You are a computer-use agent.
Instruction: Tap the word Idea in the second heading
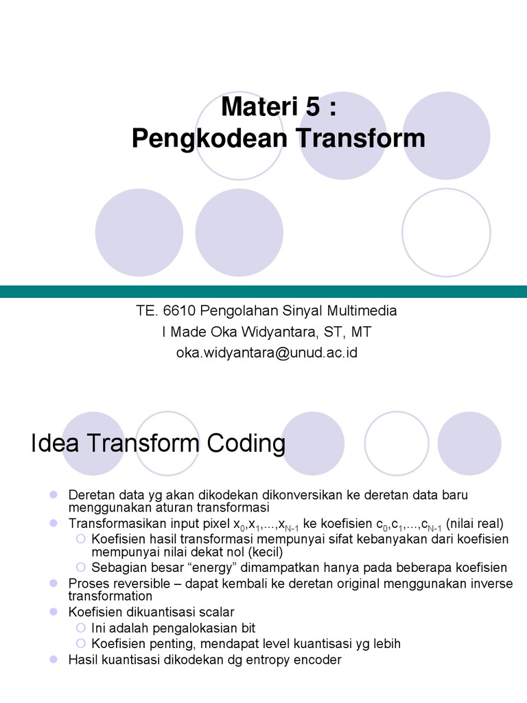pos(54,443)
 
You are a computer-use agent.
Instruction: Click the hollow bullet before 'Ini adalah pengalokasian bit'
pos(82,627)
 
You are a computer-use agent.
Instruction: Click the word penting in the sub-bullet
pos(165,643)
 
